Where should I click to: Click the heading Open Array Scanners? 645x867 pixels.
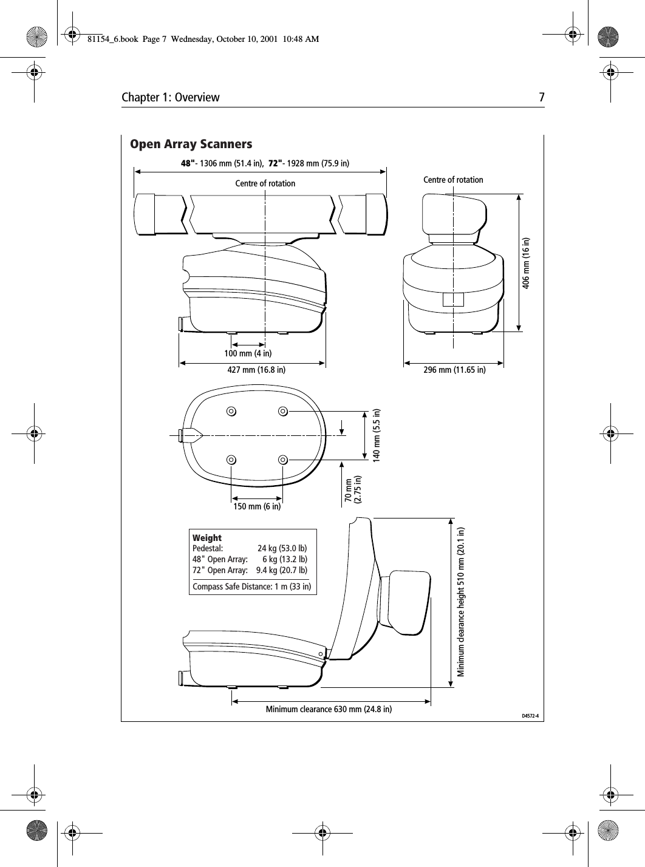pyautogui.click(x=191, y=144)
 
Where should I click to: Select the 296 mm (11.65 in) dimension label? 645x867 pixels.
pyautogui.click(x=454, y=369)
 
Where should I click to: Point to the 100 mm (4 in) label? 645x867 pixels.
pyautogui.click(x=248, y=353)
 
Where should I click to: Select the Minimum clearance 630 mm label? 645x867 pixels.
pyautogui.click(x=329, y=709)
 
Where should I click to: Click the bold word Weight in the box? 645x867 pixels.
pyautogui.click(x=207, y=538)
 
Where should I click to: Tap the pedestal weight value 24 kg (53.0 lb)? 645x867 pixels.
pyautogui.click(x=282, y=549)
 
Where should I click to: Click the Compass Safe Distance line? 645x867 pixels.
pyautogui.click(x=251, y=586)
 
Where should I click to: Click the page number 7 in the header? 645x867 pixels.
pyautogui.click(x=541, y=98)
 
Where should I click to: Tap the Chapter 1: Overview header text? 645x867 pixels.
pyautogui.click(x=171, y=98)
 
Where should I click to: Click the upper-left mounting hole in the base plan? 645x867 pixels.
pyautogui.click(x=231, y=411)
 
